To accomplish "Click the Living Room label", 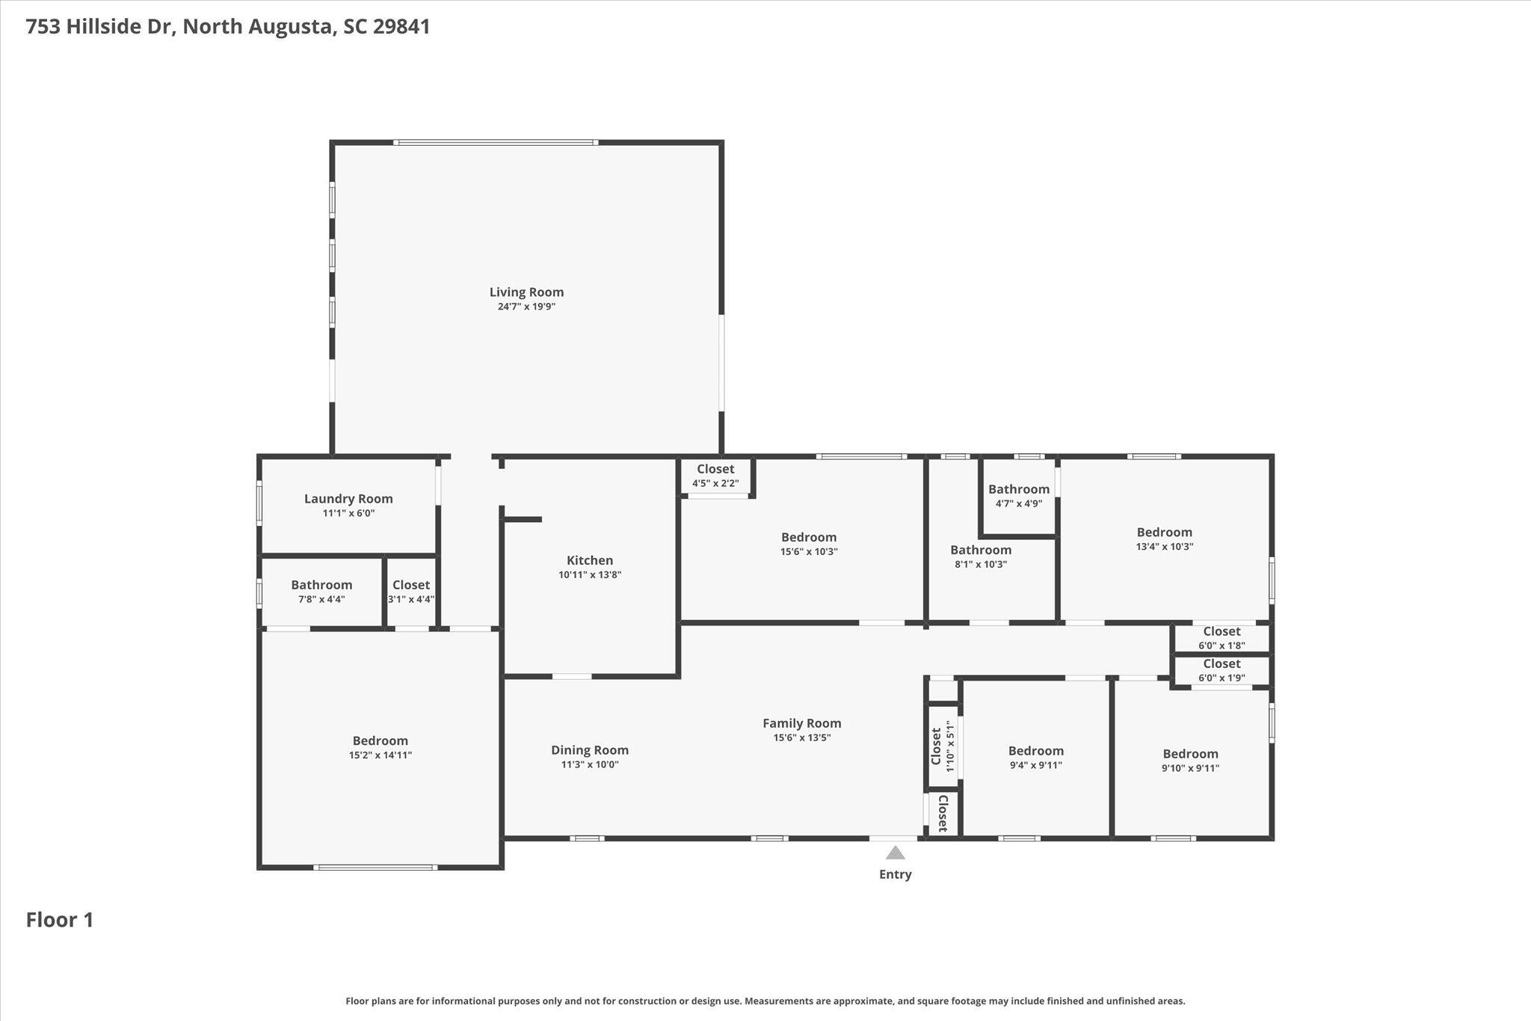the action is [x=526, y=292].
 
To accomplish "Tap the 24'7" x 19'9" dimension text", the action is [x=526, y=307].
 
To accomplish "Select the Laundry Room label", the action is [x=348, y=499].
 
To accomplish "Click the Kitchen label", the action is [x=590, y=560].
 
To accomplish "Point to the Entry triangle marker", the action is [x=895, y=853].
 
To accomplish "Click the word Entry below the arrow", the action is [x=895, y=874].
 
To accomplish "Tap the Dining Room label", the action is [x=590, y=750].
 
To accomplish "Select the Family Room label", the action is [x=802, y=723].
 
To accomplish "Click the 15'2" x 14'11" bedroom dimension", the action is [x=381, y=755].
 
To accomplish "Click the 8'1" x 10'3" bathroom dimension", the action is [x=981, y=564].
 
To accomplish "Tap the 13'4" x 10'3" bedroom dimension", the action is [x=1165, y=547].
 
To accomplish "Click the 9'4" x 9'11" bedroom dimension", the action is [x=1036, y=765].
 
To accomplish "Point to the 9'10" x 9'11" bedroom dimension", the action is [x=1190, y=768].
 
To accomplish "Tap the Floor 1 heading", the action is [x=60, y=920].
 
